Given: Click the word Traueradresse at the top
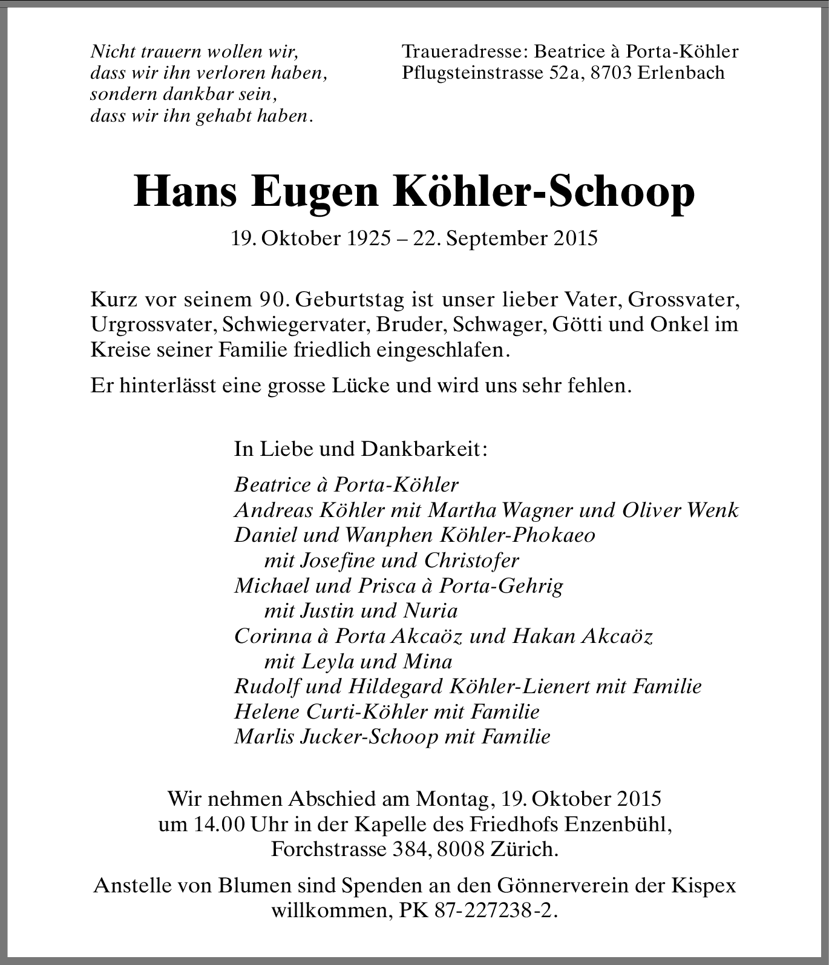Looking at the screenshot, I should click(x=461, y=51).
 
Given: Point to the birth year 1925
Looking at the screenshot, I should click(x=369, y=238).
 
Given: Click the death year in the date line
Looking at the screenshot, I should click(x=575, y=238).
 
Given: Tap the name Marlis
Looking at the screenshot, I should click(x=262, y=737).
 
